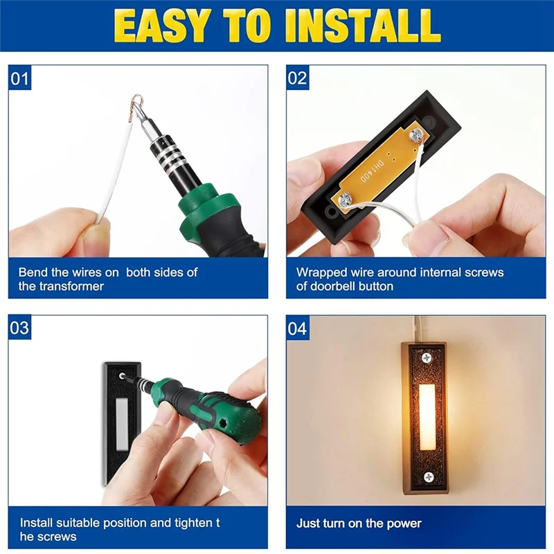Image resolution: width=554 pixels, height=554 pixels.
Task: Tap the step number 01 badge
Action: (x=20, y=78)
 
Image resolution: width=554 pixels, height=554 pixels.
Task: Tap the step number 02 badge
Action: (x=297, y=78)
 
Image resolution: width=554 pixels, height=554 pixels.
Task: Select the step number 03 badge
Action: (x=20, y=328)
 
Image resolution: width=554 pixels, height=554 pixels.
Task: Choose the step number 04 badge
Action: (x=297, y=328)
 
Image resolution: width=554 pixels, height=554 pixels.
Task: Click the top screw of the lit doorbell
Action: (x=427, y=357)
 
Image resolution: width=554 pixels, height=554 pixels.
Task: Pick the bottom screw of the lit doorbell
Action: (x=427, y=476)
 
